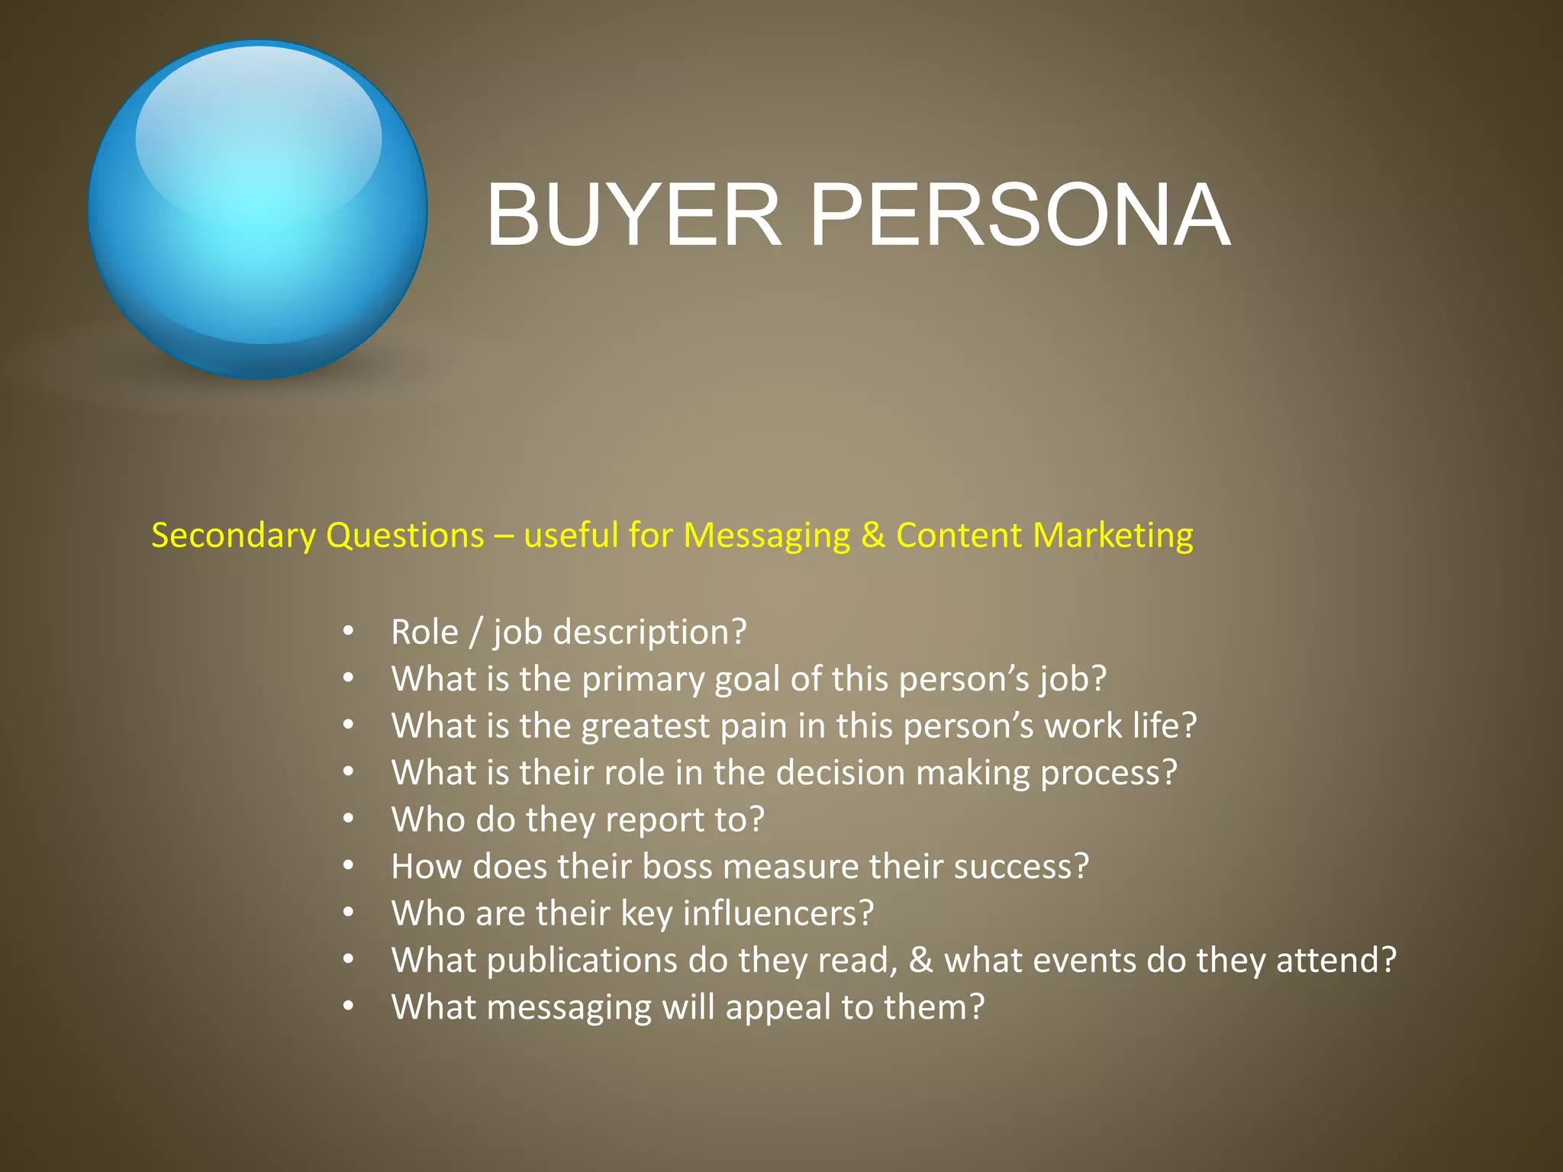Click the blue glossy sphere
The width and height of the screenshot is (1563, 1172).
tap(257, 210)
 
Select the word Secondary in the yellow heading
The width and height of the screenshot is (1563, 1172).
tap(233, 536)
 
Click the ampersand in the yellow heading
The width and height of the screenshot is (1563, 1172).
tap(873, 536)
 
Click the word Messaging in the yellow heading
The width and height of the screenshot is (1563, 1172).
tap(766, 536)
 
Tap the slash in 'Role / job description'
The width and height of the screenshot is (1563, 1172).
tap(476, 633)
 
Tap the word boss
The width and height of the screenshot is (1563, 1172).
tap(676, 867)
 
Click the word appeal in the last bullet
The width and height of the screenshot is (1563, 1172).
tap(778, 1008)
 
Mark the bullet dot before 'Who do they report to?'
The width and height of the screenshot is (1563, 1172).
tap(348, 819)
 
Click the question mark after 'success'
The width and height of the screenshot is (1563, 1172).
tap(1081, 867)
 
